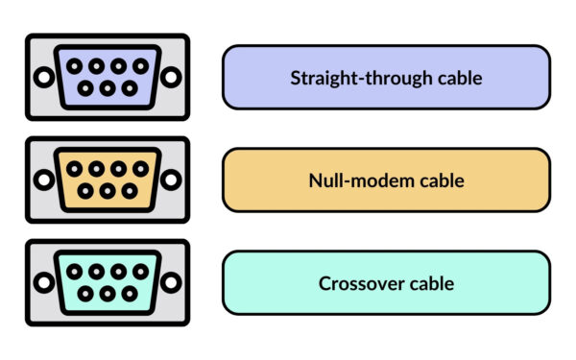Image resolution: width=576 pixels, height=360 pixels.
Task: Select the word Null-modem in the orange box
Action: [348, 180]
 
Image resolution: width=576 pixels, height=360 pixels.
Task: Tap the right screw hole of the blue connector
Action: [171, 77]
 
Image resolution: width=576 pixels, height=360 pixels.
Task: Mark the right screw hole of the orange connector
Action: [171, 180]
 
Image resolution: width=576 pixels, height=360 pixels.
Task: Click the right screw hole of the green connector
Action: [171, 282]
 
